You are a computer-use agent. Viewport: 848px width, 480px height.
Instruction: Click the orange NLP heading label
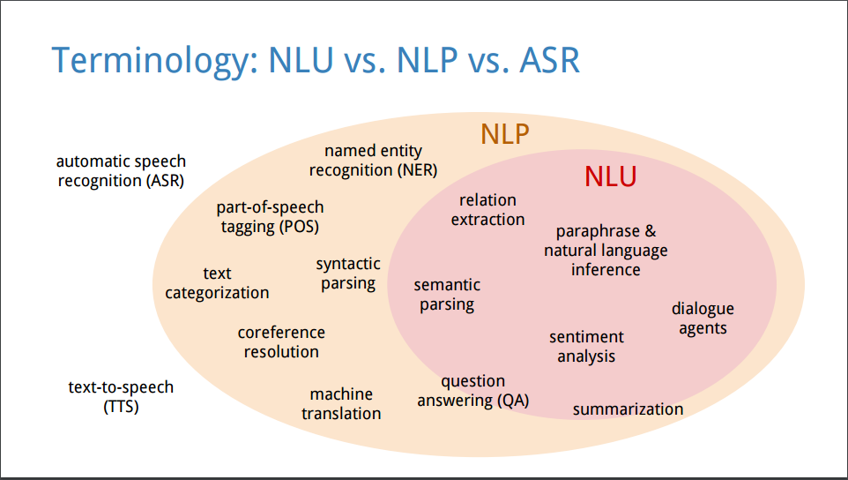pyautogui.click(x=504, y=133)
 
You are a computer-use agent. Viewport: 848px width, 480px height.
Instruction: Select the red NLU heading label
pyautogui.click(x=611, y=176)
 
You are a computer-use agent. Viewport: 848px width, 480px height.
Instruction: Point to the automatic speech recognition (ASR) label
pyautogui.click(x=121, y=171)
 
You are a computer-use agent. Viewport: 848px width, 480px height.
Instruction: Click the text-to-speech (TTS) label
pyautogui.click(x=121, y=397)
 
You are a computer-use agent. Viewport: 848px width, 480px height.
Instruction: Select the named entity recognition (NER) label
pyautogui.click(x=373, y=161)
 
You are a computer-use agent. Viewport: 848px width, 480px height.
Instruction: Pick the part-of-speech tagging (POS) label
pyautogui.click(x=270, y=217)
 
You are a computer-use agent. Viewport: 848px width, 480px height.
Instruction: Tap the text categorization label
pyautogui.click(x=217, y=283)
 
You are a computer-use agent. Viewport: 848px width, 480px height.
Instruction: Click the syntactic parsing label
pyautogui.click(x=348, y=274)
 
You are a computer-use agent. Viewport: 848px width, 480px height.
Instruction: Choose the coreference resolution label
pyautogui.click(x=281, y=342)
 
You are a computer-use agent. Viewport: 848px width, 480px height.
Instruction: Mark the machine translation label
pyautogui.click(x=341, y=404)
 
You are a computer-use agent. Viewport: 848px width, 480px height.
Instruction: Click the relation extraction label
pyautogui.click(x=487, y=210)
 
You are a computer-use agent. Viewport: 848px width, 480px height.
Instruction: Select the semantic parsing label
pyautogui.click(x=447, y=295)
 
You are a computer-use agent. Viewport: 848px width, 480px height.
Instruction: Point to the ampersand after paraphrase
pyautogui.click(x=650, y=231)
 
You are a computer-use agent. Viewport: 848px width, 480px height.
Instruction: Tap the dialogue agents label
pyautogui.click(x=703, y=319)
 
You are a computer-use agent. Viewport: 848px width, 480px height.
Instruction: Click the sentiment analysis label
pyautogui.click(x=587, y=347)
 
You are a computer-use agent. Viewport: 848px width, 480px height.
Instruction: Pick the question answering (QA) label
pyautogui.click(x=473, y=391)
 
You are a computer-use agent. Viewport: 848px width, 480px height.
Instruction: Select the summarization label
pyautogui.click(x=628, y=409)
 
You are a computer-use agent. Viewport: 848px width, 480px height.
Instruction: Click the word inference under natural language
pyautogui.click(x=606, y=269)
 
